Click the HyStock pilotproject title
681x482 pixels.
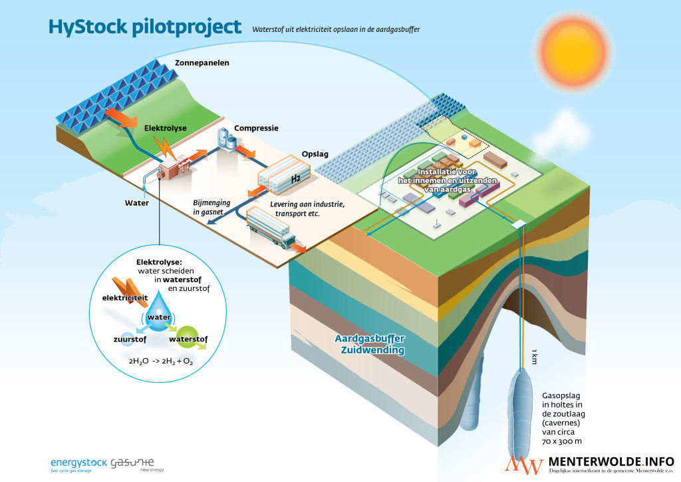pos(144,27)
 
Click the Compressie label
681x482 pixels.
pos(255,128)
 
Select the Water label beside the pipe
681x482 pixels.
pos(138,202)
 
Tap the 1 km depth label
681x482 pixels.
pos(533,356)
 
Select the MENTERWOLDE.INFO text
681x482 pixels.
pos(611,461)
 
